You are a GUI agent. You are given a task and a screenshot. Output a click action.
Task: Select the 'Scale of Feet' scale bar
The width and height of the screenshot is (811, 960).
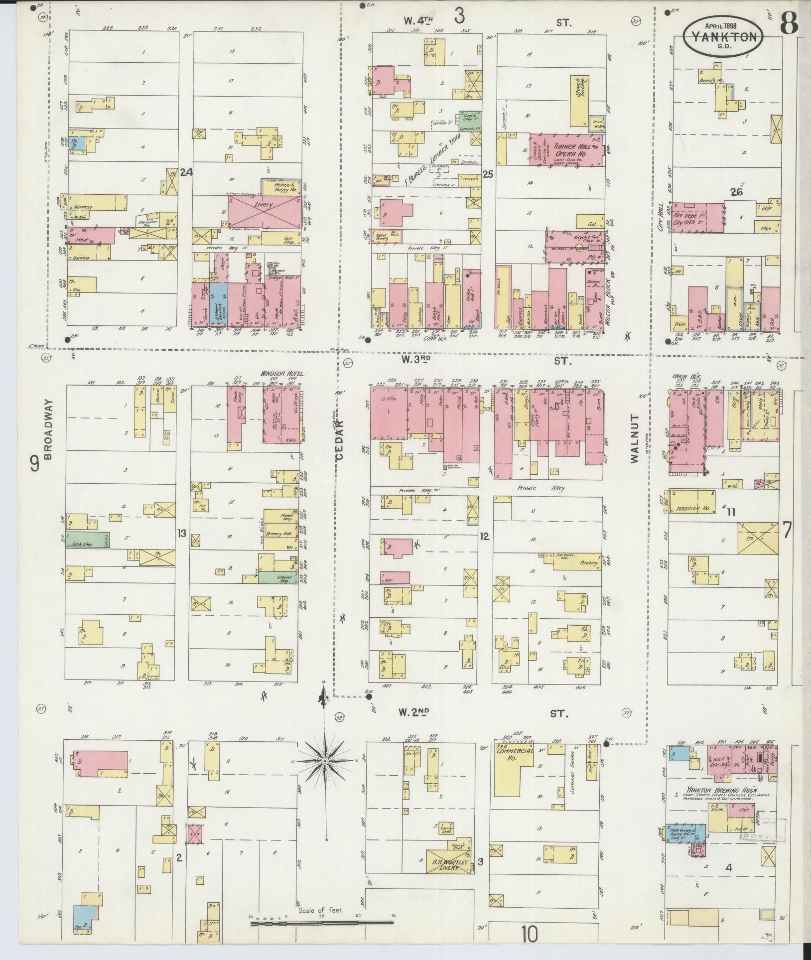coord(322,923)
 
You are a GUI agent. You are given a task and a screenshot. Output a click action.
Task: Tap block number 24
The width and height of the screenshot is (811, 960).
coord(186,173)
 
